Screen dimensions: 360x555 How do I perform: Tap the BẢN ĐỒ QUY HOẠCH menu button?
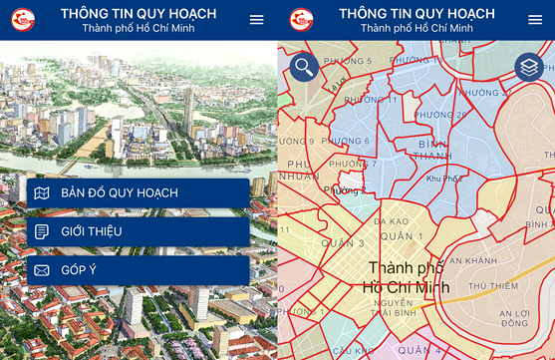[138, 192]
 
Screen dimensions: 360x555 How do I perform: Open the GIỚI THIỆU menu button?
[138, 231]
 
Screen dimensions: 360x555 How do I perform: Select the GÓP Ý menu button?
[138, 270]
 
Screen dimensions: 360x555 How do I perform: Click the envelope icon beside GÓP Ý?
[42, 270]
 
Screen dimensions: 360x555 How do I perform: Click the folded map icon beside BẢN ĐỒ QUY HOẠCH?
[42, 192]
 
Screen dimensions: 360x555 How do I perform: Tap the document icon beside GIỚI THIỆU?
[42, 231]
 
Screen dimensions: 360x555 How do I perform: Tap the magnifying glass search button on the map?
[305, 68]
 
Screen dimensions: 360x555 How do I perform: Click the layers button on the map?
[528, 68]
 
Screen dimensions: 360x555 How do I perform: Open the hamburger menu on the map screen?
[535, 20]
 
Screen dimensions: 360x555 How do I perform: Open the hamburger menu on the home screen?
[257, 20]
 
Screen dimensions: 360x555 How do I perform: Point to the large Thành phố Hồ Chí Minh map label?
[409, 277]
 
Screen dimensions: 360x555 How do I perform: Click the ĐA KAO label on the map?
[392, 220]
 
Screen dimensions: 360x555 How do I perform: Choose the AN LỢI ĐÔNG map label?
[515, 318]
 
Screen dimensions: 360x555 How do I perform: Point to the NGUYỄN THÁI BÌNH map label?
[395, 308]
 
